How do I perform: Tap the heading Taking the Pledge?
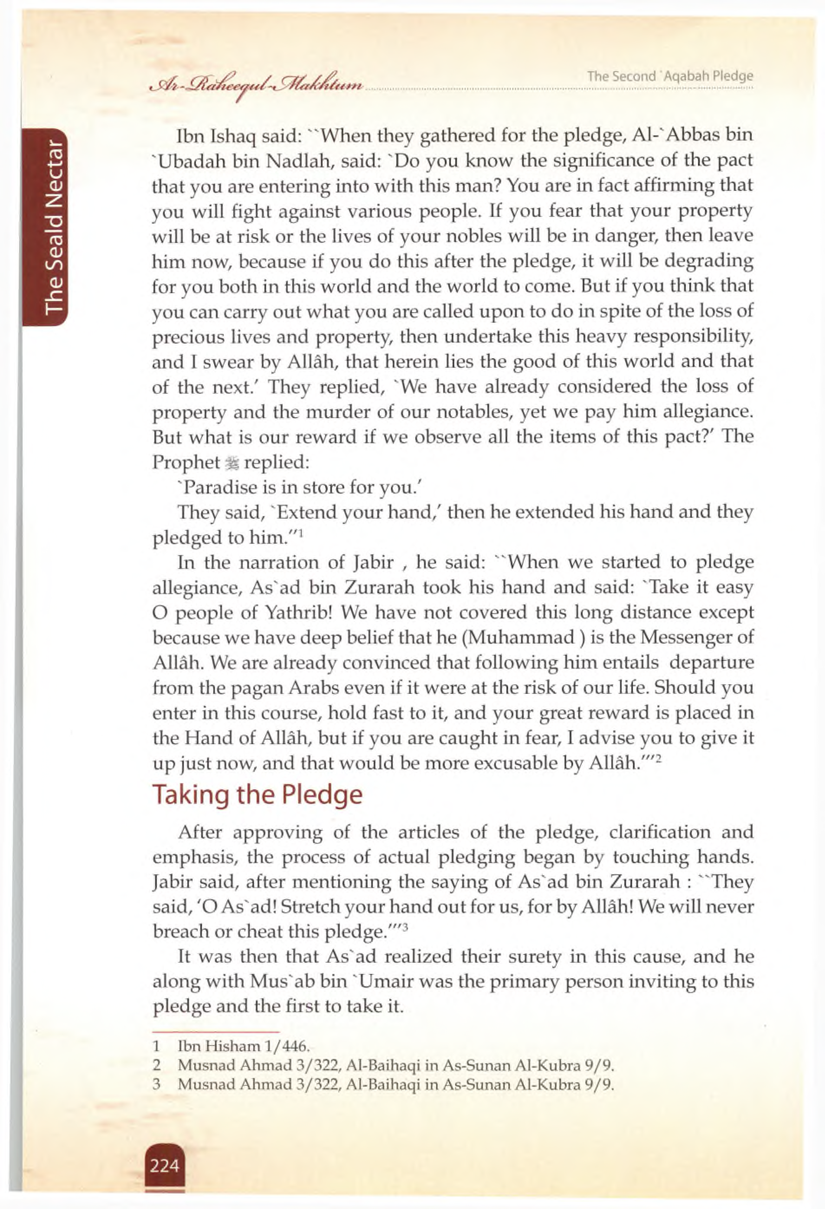tap(257, 794)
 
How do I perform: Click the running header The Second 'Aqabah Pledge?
tap(670, 76)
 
